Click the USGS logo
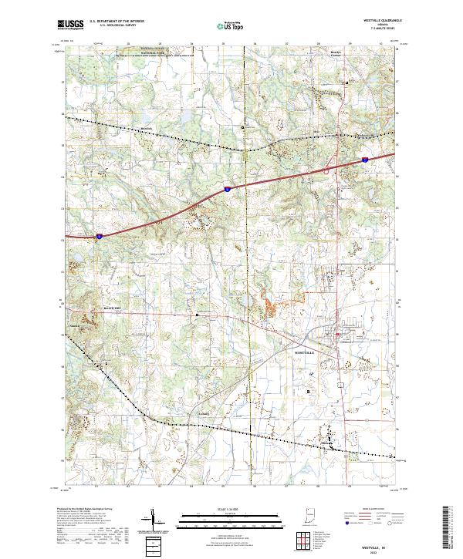(x=70, y=25)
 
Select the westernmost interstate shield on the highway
(x=100, y=237)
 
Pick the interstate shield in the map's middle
(x=227, y=187)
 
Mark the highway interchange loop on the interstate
(x=326, y=170)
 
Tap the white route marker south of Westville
(x=338, y=380)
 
